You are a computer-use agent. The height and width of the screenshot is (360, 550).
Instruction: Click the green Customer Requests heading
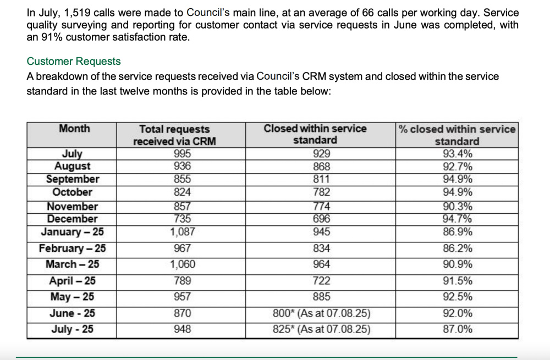tap(74, 62)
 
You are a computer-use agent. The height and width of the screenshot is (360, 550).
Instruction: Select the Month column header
tap(74, 129)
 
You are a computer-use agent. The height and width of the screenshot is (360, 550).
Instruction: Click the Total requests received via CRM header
tap(174, 135)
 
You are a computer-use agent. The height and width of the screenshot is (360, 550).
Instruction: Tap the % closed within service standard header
tap(457, 135)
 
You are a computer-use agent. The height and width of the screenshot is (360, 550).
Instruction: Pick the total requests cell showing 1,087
tap(183, 232)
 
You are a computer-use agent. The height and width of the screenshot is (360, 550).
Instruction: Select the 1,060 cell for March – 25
tap(183, 264)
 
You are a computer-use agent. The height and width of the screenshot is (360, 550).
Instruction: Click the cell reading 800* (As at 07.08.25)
tap(322, 313)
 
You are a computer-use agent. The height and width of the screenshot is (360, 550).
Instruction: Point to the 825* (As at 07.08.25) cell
tap(322, 329)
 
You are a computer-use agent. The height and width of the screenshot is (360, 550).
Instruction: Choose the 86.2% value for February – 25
tap(458, 248)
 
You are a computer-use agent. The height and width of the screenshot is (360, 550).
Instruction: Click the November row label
tap(72, 207)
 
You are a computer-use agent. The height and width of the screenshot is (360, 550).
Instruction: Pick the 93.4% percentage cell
tap(458, 153)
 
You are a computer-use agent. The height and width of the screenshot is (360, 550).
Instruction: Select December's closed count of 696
tap(322, 219)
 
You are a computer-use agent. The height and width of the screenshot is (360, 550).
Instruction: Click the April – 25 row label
tap(72, 281)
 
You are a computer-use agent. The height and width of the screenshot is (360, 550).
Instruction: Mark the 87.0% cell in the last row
tap(458, 329)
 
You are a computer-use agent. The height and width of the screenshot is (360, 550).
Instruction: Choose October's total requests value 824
tap(183, 192)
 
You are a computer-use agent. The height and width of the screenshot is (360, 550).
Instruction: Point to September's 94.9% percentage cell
tap(458, 179)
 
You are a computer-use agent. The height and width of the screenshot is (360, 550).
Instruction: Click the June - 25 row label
tap(72, 313)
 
